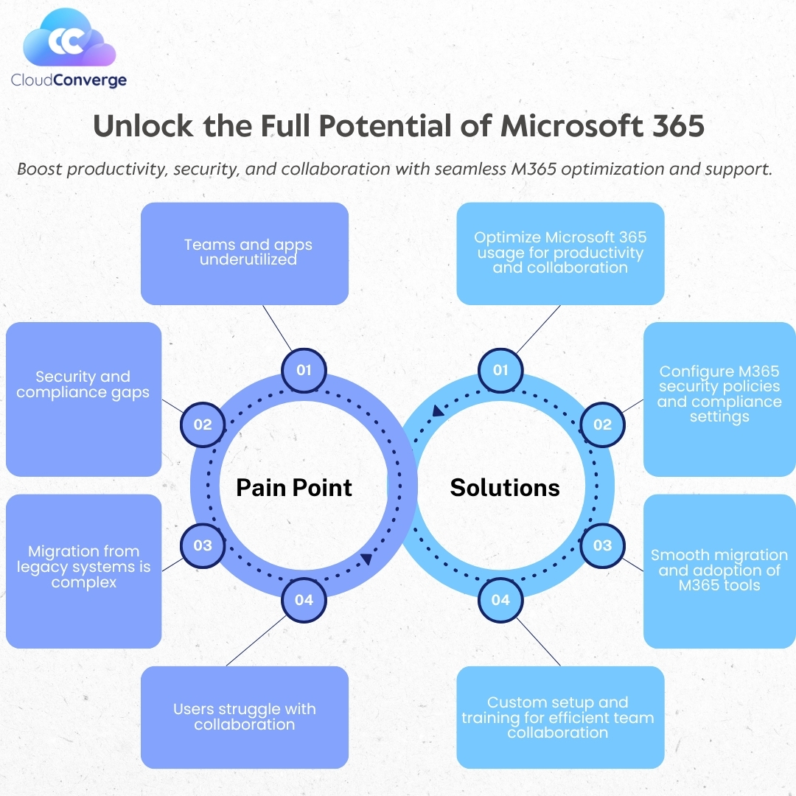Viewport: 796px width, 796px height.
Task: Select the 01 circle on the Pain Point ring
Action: pos(304,369)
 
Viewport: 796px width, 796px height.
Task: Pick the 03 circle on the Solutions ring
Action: pos(602,545)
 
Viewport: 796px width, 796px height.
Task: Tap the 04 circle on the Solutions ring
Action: pos(500,600)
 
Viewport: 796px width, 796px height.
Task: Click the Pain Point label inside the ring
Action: pos(294,487)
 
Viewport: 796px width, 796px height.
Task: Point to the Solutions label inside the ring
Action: pos(505,487)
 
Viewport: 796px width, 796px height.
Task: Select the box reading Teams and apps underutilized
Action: pos(244,253)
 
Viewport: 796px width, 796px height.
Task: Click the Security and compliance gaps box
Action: pos(83,398)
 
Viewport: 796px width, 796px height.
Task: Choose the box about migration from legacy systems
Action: pos(83,570)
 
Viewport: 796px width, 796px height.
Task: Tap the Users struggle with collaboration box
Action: pos(244,716)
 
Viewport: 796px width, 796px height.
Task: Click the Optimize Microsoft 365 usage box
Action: pos(560,253)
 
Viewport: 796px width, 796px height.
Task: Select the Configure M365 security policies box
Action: pos(719,398)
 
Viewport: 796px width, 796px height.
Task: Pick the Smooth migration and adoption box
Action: pos(719,570)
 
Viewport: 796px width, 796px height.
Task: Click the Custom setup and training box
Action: pos(560,716)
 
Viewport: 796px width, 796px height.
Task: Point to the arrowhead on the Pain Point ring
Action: pos(366,559)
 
